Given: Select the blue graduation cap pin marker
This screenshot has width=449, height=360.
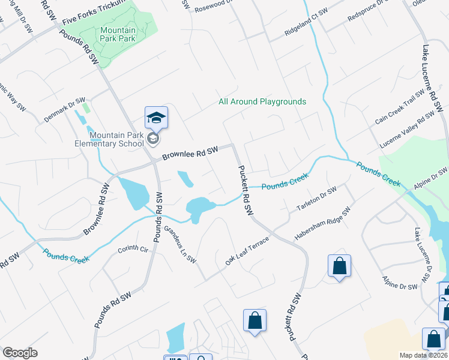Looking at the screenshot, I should pyautogui.click(x=156, y=118).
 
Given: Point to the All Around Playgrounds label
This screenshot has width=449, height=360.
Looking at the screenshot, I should pyautogui.click(x=262, y=101).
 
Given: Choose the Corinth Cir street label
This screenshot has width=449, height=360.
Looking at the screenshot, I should pyautogui.click(x=133, y=249).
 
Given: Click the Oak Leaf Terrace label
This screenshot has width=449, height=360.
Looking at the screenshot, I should pyautogui.click(x=248, y=251).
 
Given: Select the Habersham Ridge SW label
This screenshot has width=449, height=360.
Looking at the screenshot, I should pyautogui.click(x=322, y=224).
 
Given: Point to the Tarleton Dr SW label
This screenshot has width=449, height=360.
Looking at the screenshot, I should pyautogui.click(x=316, y=199).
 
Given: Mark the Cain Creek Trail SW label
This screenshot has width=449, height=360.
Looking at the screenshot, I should pyautogui.click(x=399, y=108).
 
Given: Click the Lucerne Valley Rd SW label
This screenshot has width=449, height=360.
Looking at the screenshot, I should pyautogui.click(x=407, y=130).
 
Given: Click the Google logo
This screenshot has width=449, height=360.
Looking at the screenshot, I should pyautogui.click(x=20, y=353).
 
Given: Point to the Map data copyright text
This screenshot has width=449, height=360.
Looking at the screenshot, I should pyautogui.click(x=424, y=355).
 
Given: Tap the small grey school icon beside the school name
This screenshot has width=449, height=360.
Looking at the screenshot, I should pyautogui.click(x=153, y=139).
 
